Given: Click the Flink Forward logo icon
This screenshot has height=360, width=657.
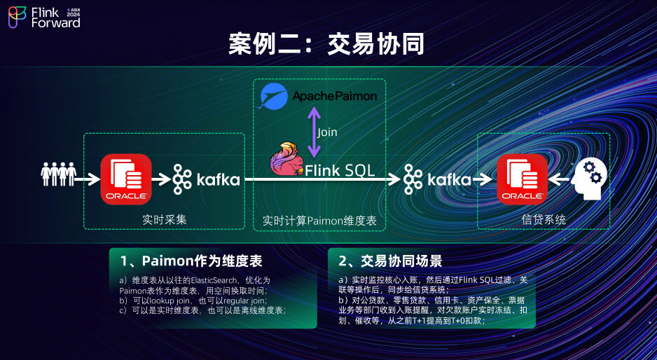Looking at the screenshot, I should pyautogui.click(x=17, y=18).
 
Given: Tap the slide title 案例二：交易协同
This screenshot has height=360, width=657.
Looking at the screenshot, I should pyautogui.click(x=327, y=44).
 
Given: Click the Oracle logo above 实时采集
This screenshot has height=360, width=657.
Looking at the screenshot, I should pyautogui.click(x=126, y=179).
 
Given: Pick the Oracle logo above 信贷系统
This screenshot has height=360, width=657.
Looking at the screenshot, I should pyautogui.click(x=522, y=179).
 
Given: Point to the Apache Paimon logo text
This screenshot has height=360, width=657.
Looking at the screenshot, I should pyautogui.click(x=335, y=96).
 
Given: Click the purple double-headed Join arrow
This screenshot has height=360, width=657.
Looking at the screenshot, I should pyautogui.click(x=314, y=131).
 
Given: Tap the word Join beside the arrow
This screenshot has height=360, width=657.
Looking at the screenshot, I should pyautogui.click(x=328, y=132).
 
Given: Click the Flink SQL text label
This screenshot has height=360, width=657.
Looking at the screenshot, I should pyautogui.click(x=340, y=170).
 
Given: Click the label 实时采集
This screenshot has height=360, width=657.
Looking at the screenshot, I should pyautogui.click(x=165, y=219).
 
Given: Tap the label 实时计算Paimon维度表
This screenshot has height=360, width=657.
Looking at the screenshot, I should pyautogui.click(x=319, y=220).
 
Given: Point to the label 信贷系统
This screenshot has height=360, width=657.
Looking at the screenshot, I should pyautogui.click(x=544, y=219).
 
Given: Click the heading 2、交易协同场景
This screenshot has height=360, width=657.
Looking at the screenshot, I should pyautogui.click(x=390, y=261).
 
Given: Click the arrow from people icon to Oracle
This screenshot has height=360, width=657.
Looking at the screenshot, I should pyautogui.click(x=87, y=179).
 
